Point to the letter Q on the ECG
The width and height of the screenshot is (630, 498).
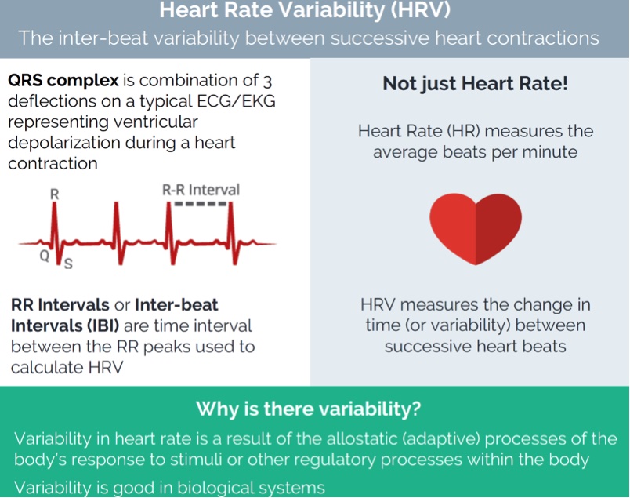45,255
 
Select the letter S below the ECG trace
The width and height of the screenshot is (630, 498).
68,264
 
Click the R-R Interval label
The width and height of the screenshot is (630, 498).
201,189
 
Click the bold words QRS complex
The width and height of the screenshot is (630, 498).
63,80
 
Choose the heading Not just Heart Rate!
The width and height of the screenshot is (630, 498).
475,84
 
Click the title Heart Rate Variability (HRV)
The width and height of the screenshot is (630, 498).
314,12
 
